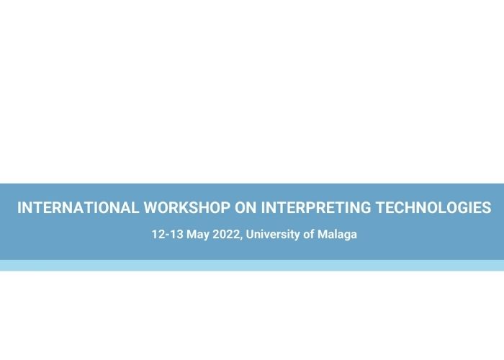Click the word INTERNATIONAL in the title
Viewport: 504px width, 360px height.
pyautogui.click(x=78, y=207)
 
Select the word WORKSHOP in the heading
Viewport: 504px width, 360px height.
pyautogui.click(x=186, y=207)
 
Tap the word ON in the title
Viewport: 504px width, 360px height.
pyautogui.click(x=246, y=207)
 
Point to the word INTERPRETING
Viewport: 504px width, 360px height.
pyautogui.click(x=315, y=207)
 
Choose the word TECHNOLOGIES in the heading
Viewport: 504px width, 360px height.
pyautogui.click(x=433, y=207)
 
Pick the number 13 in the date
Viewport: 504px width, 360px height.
pyautogui.click(x=176, y=234)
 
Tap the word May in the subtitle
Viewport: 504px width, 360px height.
pyautogui.click(x=198, y=235)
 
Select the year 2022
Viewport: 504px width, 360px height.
pyautogui.click(x=226, y=234)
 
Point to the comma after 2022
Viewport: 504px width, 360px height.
pyautogui.click(x=241, y=238)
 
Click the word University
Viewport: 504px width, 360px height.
pyautogui.click(x=273, y=235)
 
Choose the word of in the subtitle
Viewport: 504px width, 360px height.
pyautogui.click(x=309, y=234)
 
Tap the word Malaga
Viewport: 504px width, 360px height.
pyautogui.click(x=337, y=235)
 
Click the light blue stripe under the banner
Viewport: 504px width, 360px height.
pyautogui.click(x=252, y=266)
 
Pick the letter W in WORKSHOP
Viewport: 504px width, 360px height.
pyautogui.click(x=150, y=207)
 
